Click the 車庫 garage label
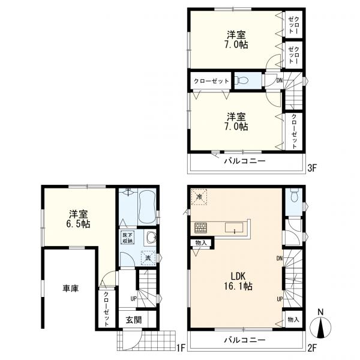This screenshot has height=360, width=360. pos(71,289)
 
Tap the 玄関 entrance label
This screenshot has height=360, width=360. pos(133,320)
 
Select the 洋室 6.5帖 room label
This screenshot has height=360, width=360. pos(78,218)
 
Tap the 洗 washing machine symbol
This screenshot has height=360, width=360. pos(146,257)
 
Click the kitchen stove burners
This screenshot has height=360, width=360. pos(200,228)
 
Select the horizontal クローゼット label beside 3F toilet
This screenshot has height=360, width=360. pos(211,80)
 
